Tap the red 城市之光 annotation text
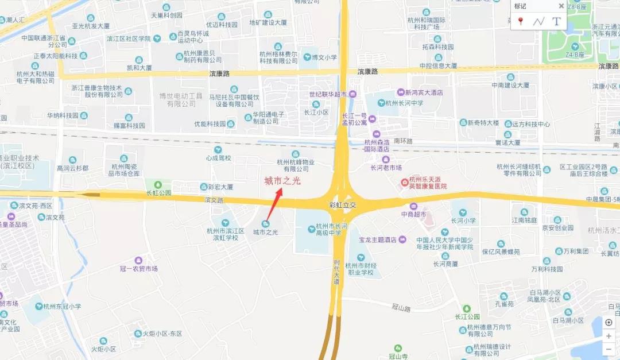pos(282,181)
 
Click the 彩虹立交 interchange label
pos(343,205)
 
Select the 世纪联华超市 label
pos(328,94)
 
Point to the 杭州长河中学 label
pos(404,103)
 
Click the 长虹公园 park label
pos(159,193)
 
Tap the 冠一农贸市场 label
pos(138,269)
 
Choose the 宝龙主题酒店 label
pos(379,239)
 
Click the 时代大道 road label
pos(336,272)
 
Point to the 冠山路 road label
pos(402,308)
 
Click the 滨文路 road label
pos(213,200)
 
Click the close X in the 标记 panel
pos(561,6)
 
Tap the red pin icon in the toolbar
pos(521,21)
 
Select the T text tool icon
pos(556,21)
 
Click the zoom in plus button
pos(609,336)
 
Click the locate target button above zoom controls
pos(609,322)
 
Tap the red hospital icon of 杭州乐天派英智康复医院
pos(405,183)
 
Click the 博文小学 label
pos(324,57)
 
